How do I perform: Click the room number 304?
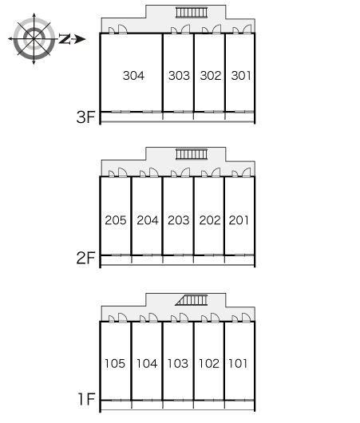pos(133,76)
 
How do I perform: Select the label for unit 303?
pos(179,76)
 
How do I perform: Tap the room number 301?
pos(241,76)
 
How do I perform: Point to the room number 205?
pos(116,220)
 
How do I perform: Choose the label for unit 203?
pos(178,220)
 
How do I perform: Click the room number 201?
pos(239,220)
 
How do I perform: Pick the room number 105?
pos(115,363)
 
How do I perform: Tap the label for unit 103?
pos(177,363)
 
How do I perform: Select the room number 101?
pos(238,363)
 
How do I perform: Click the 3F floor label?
pos(86,117)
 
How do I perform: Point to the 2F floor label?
pos(86,258)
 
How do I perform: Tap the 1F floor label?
pos(87,399)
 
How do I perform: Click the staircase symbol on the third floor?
pos(192,13)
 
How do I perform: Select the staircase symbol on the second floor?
pos(192,154)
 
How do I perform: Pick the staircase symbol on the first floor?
pos(192,300)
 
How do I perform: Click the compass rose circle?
pos(34,39)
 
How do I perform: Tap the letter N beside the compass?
pos(65,39)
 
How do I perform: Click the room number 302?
pos(211,76)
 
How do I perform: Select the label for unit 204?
pos(148,220)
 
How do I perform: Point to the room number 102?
pos(209,363)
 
